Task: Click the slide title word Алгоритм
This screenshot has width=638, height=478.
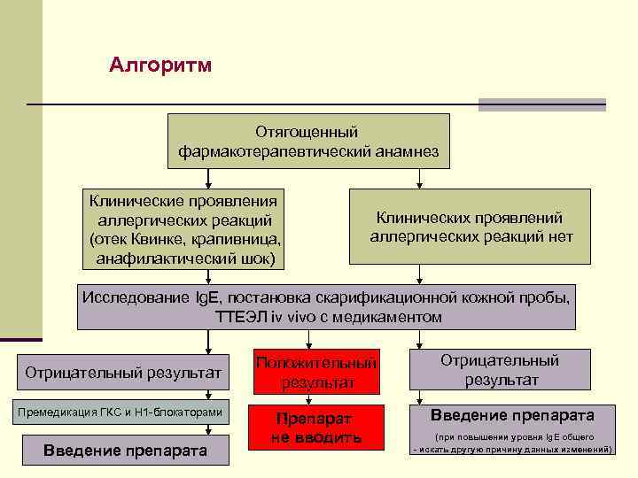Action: tap(160, 66)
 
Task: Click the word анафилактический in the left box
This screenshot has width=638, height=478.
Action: tap(164, 258)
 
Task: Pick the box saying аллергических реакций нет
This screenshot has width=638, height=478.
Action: tap(470, 227)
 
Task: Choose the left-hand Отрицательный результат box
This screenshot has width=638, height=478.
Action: tap(123, 373)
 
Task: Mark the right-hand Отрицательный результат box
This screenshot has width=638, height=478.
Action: tap(500, 370)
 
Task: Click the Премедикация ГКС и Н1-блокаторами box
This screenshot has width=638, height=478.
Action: tap(123, 412)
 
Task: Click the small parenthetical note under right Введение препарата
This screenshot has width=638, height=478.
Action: tap(512, 443)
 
